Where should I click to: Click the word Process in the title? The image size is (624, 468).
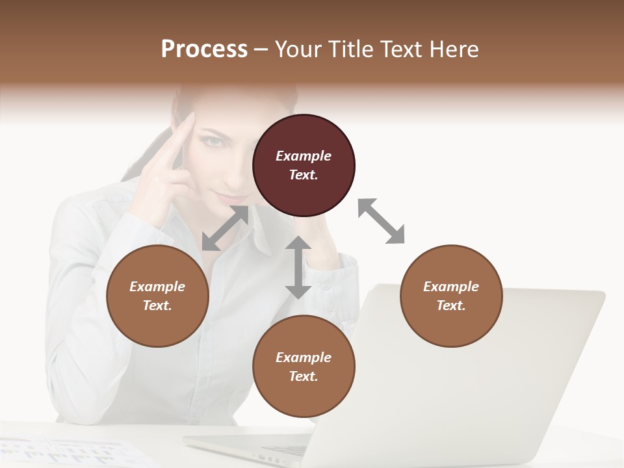pyautogui.click(x=204, y=49)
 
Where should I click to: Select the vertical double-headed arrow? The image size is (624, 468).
pyautogui.click(x=298, y=267)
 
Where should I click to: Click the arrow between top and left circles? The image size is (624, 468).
pyautogui.click(x=225, y=228)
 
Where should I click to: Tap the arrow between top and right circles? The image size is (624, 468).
pyautogui.click(x=381, y=221)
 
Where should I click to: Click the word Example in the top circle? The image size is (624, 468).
pyautogui.click(x=304, y=156)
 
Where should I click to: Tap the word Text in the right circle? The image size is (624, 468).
pyautogui.click(x=450, y=305)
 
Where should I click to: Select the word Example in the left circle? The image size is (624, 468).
pyautogui.click(x=157, y=287)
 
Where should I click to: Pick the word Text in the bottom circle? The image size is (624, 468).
pyautogui.click(x=303, y=376)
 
